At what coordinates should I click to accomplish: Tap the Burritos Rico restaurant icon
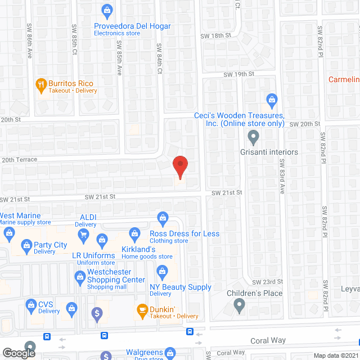(x=40, y=86)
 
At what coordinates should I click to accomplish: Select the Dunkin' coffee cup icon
(x=142, y=309)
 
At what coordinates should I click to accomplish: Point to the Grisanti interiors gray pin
(x=253, y=136)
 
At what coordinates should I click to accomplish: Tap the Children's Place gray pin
(x=239, y=306)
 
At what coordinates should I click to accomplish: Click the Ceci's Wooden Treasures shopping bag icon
(x=272, y=101)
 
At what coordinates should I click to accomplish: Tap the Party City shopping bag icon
(x=26, y=245)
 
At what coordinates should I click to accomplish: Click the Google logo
(x=18, y=353)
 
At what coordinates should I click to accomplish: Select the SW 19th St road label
(x=239, y=74)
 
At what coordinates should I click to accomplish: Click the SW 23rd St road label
(x=267, y=281)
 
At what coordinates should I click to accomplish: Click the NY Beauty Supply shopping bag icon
(x=161, y=272)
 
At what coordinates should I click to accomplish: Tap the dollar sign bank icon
(x=98, y=312)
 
